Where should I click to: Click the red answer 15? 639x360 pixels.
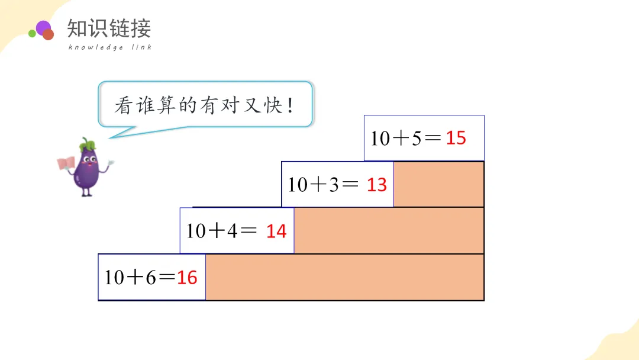coord(456,139)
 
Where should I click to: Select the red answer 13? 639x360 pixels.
coord(376,185)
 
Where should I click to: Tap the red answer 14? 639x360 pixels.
coord(276,231)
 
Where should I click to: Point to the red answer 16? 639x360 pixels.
coord(187,277)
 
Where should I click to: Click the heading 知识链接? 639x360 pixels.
coord(109,28)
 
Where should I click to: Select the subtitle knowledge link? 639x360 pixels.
coord(110,47)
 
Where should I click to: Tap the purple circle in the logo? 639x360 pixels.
coord(43,27)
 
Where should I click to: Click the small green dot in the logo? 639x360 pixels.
coord(32,34)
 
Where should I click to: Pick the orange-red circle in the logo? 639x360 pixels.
coord(49,35)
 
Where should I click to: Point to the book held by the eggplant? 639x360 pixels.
coord(66,163)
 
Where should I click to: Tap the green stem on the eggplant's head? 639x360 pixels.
coord(88,143)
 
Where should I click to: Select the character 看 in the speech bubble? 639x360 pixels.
coord(123,106)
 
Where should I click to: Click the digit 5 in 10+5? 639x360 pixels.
coord(417,139)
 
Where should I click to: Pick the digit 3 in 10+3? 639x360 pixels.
coord(334,185)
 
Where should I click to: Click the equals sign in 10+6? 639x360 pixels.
coord(168,277)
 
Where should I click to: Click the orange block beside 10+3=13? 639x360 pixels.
coord(438,185)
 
